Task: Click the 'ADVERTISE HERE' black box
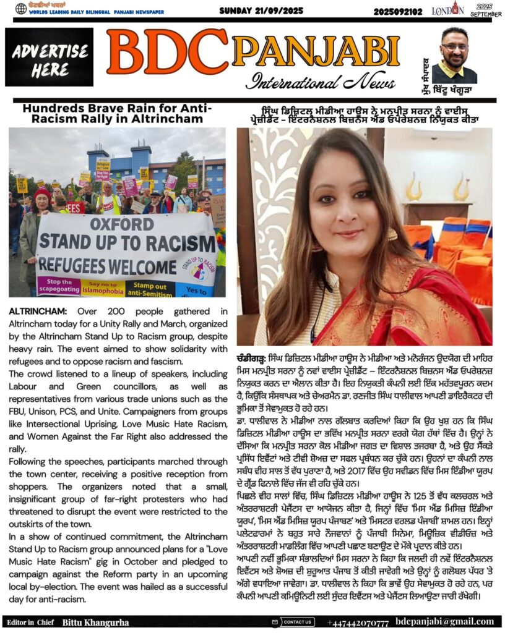[50, 57]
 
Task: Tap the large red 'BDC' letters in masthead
[168, 54]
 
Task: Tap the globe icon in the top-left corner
[21, 9]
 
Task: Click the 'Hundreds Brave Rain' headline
[117, 113]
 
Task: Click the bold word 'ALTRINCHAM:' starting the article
[33, 311]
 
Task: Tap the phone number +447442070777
[358, 622]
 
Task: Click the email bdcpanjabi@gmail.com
[444, 621]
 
